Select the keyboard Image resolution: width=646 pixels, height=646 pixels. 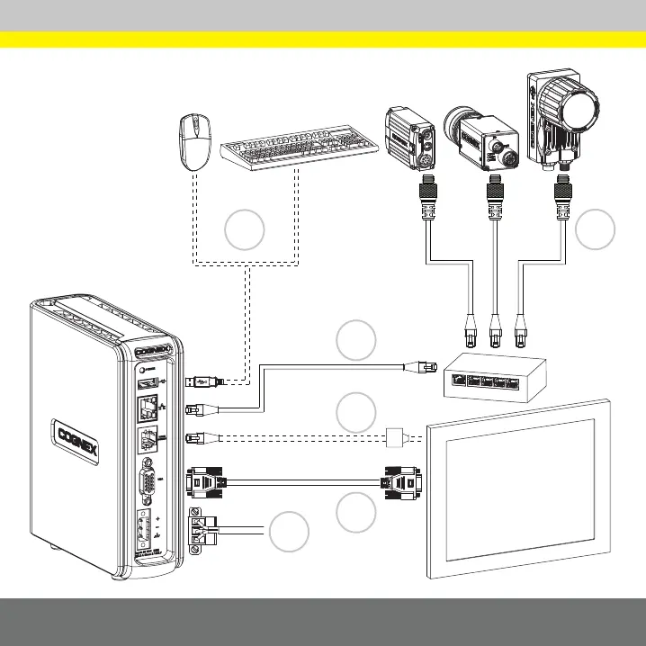[298, 153]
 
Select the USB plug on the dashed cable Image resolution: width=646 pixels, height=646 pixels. [202, 381]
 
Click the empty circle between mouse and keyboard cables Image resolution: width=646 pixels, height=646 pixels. [244, 229]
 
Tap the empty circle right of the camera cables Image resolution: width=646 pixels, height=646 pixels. [595, 229]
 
